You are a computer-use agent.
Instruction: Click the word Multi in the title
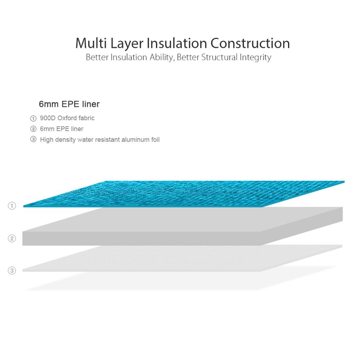(91, 43)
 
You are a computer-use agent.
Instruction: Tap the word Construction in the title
(250, 43)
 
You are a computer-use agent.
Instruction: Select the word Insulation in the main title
(177, 43)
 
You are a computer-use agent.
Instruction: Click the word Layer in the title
(127, 44)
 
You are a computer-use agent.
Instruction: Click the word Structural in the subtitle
(219, 57)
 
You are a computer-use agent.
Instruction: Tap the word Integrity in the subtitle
(255, 58)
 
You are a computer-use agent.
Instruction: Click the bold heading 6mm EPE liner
(69, 104)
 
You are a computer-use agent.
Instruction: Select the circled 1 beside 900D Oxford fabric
(33, 118)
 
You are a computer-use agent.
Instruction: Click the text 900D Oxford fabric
(67, 118)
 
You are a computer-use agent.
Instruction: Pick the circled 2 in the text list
(33, 129)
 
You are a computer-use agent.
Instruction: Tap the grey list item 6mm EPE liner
(62, 129)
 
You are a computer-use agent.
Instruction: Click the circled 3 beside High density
(33, 139)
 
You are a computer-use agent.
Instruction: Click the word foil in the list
(155, 140)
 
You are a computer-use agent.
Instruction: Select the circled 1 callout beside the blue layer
(12, 206)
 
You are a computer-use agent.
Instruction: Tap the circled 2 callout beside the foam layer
(12, 238)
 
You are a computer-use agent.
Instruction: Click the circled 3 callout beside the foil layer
(12, 270)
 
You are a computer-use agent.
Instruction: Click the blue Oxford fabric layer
(184, 194)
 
